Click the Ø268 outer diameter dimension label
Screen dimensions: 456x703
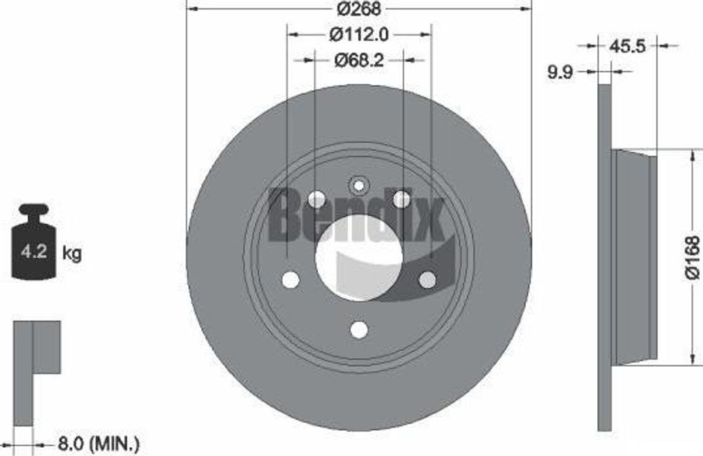click(x=359, y=9)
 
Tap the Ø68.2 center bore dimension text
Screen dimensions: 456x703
click(x=359, y=60)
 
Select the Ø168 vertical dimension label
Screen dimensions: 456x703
click(x=691, y=258)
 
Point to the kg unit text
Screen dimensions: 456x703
click(x=72, y=253)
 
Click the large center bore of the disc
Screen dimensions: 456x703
click(x=359, y=257)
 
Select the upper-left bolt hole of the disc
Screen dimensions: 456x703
click(x=316, y=200)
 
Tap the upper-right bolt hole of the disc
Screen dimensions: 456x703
click(x=402, y=200)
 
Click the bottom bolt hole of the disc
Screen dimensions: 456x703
click(x=359, y=330)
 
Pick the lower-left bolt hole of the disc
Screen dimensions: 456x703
click(x=291, y=280)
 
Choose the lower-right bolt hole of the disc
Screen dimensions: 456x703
click(x=427, y=280)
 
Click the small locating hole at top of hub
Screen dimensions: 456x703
click(x=359, y=184)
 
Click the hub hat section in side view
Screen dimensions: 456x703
click(x=635, y=258)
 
